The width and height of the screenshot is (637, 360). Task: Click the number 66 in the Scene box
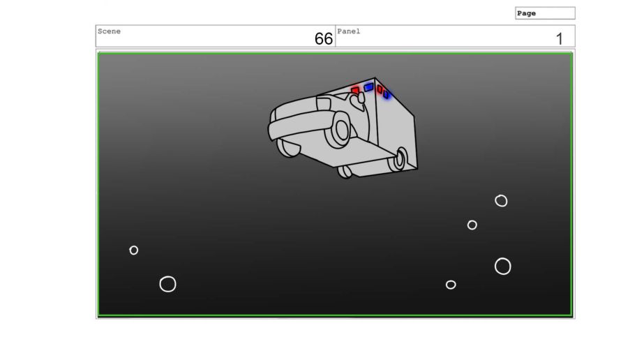click(x=323, y=38)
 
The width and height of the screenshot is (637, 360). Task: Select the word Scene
click(x=109, y=31)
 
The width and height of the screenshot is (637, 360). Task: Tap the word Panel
click(x=349, y=31)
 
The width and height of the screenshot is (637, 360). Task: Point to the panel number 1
click(x=560, y=39)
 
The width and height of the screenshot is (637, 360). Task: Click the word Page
click(x=526, y=13)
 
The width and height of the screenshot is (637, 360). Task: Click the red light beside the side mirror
click(x=355, y=90)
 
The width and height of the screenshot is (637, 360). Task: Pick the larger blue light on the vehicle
click(x=368, y=87)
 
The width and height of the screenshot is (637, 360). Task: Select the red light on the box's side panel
click(x=380, y=89)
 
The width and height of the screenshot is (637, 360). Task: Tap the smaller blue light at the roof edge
click(x=386, y=94)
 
